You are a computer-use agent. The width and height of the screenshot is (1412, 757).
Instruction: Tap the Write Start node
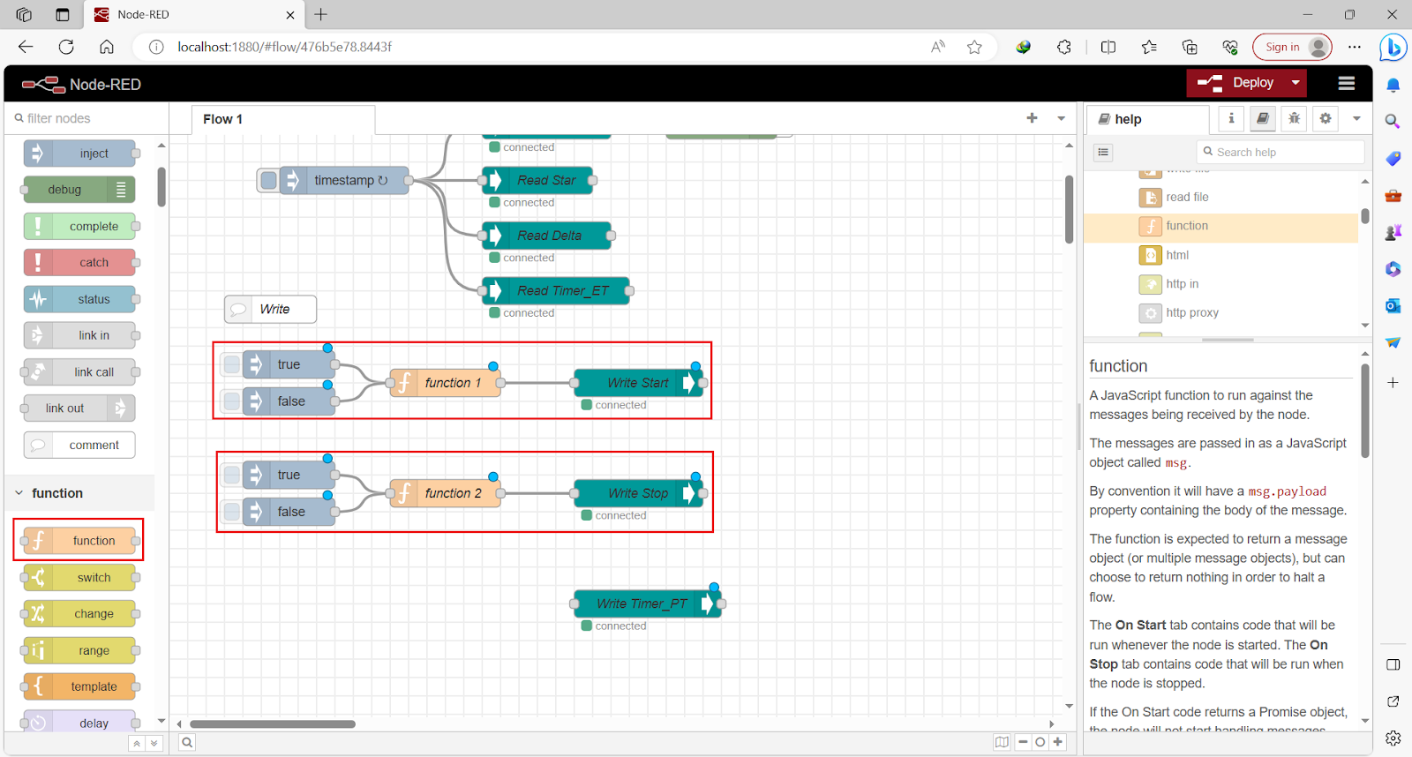click(x=636, y=383)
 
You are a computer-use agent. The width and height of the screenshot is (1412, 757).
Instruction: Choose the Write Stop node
click(x=636, y=493)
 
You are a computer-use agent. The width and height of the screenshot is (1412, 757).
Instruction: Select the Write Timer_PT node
click(x=641, y=603)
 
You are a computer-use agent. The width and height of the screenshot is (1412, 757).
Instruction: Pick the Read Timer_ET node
click(x=562, y=290)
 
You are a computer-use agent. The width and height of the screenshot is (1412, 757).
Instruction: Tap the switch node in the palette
click(x=93, y=577)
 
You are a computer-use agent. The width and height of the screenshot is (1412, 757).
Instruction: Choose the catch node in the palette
click(x=93, y=262)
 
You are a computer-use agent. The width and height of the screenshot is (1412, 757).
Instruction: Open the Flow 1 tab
click(x=223, y=119)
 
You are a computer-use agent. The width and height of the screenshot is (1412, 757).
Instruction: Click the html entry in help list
click(x=1176, y=255)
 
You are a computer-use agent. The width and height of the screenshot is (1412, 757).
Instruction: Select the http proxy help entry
click(x=1191, y=312)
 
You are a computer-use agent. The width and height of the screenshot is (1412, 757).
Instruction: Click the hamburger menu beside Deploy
click(x=1346, y=83)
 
